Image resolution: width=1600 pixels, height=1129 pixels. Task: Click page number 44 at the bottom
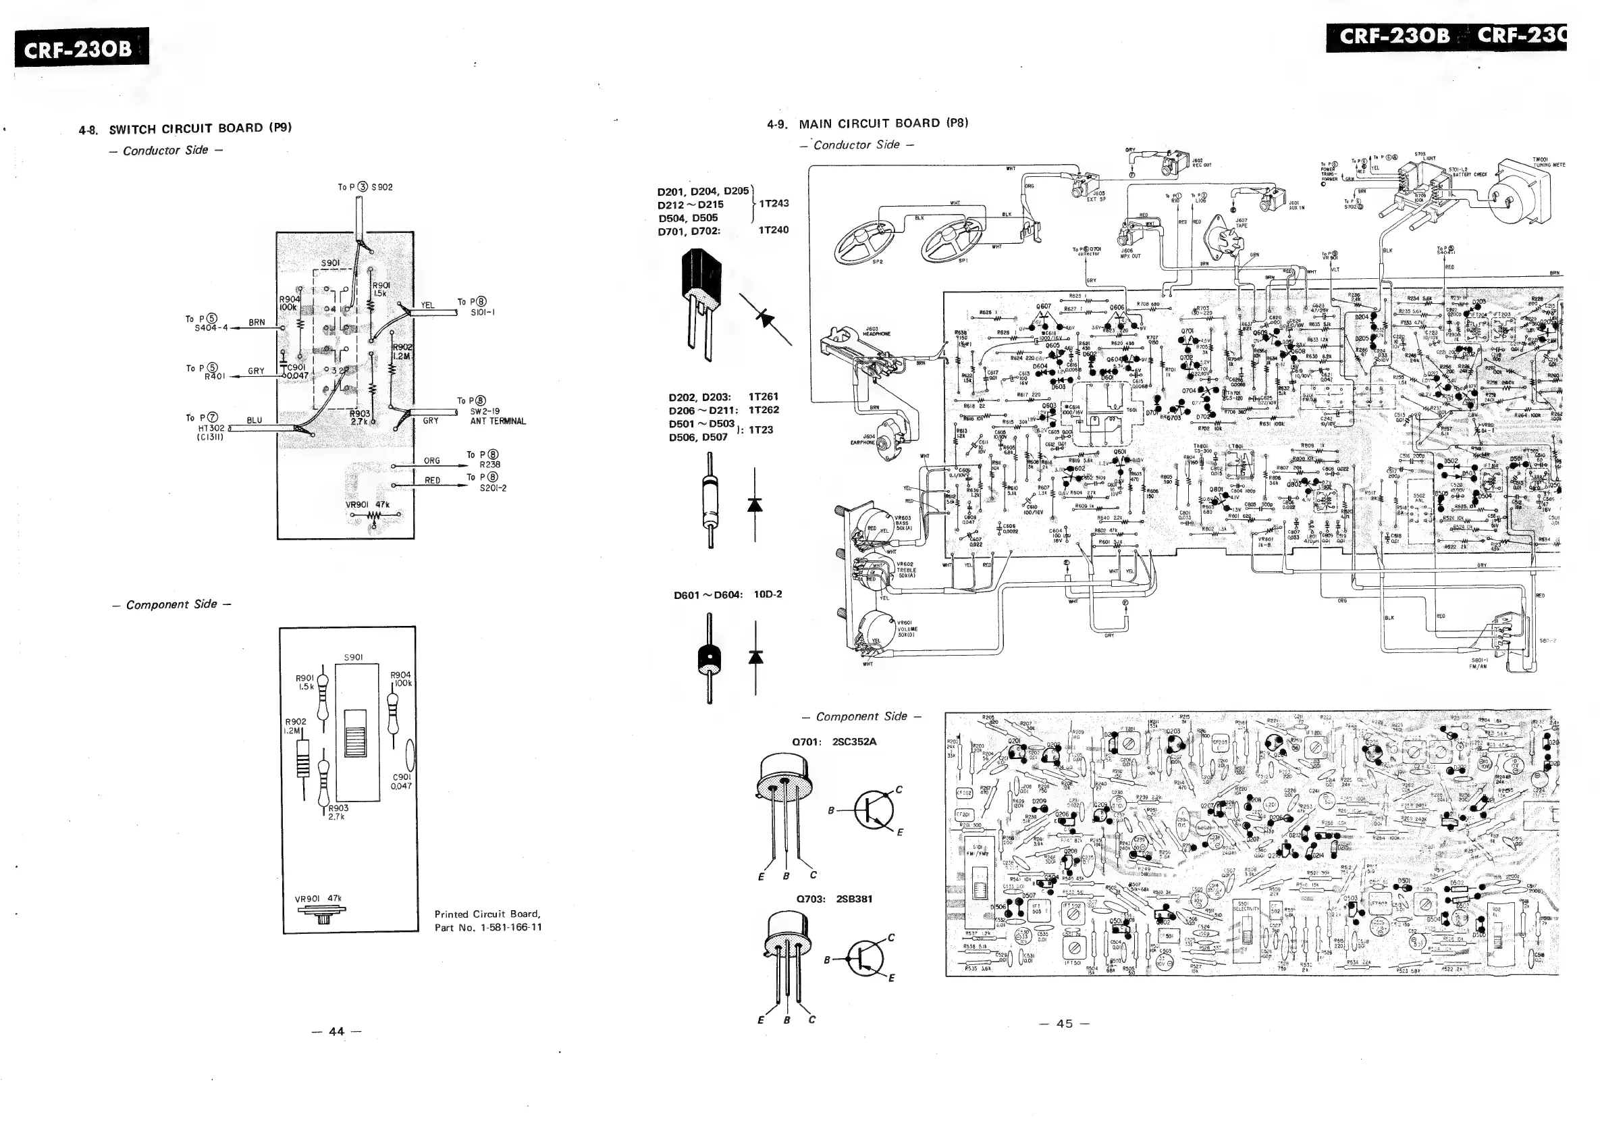pyautogui.click(x=337, y=1032)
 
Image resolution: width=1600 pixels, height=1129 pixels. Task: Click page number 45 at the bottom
pyautogui.click(x=1064, y=1024)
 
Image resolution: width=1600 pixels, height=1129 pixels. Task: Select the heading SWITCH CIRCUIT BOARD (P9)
pyautogui.click(x=200, y=128)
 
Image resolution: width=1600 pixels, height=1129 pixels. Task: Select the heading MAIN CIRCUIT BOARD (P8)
pyautogui.click(x=883, y=124)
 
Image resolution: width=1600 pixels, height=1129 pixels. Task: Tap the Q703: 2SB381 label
pyautogui.click(x=835, y=899)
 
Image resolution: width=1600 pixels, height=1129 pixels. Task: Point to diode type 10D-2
pyautogui.click(x=768, y=594)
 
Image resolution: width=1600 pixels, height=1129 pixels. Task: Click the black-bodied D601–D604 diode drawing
pyautogui.click(x=710, y=658)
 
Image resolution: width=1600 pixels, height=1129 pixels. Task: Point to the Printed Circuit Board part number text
pyautogui.click(x=488, y=920)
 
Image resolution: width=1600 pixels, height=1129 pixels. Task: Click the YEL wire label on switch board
pyautogui.click(x=427, y=305)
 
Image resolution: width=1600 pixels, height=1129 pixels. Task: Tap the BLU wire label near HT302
pyautogui.click(x=255, y=420)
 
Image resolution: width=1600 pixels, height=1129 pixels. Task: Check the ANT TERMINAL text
pyautogui.click(x=498, y=421)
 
